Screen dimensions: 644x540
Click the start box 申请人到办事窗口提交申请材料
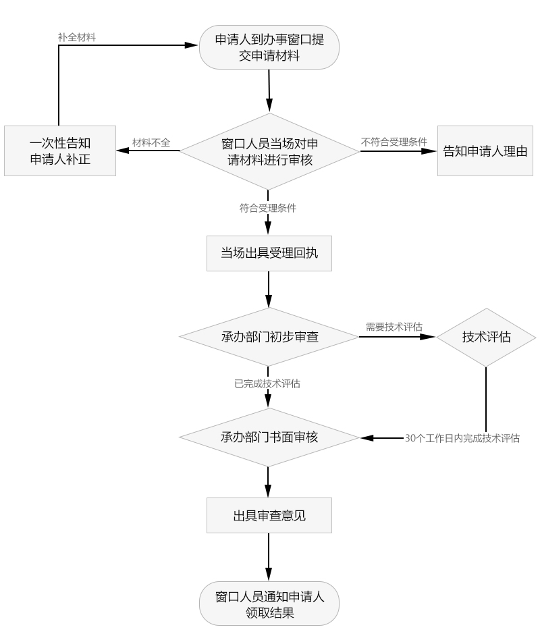[269, 48]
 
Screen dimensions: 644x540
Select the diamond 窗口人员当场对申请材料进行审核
[269, 151]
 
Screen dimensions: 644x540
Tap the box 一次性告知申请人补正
[60, 151]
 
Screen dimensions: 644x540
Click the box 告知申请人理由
[484, 151]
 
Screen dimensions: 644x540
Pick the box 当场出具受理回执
[269, 253]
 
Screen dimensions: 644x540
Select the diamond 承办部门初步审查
[269, 336]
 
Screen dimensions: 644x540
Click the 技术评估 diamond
[486, 337]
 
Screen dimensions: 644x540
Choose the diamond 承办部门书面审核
[269, 437]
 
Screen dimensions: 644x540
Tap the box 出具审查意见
[269, 516]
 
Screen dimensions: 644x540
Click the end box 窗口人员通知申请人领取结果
[269, 603]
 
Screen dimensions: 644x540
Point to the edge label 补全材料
[76, 38]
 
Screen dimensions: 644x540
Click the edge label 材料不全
[151, 142]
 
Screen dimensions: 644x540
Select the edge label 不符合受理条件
[394, 142]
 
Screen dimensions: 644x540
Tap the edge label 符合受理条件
[268, 208]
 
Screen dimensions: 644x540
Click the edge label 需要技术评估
[394, 327]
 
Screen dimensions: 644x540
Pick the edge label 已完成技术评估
[267, 384]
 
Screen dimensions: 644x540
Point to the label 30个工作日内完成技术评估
[462, 437]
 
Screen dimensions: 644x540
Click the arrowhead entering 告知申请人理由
[432, 151]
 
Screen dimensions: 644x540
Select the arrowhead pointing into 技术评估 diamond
[431, 336]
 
